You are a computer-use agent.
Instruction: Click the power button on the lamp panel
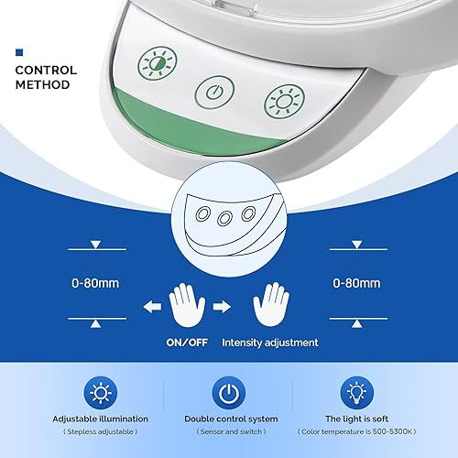214,93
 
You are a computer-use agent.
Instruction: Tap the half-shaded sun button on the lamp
158,63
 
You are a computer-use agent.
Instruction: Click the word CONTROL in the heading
46,71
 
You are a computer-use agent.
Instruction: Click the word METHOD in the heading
43,84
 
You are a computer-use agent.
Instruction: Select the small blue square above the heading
19,52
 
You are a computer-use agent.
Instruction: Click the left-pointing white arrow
152,306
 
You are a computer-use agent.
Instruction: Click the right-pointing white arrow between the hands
222,306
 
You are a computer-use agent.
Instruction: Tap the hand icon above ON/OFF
187,305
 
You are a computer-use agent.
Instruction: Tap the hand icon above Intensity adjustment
271,304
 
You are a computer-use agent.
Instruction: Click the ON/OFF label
187,343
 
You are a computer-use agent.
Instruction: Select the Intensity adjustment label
270,343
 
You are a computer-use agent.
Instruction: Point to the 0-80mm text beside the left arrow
95,283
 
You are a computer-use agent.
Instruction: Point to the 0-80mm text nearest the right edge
356,283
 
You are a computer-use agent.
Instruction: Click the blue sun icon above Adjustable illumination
101,393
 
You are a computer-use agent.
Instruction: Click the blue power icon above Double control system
229,393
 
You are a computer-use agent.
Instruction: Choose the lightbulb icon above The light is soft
356,393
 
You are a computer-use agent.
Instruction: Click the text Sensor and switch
231,431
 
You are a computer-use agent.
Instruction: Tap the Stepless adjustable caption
100,431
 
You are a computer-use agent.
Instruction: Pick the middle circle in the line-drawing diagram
224,218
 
